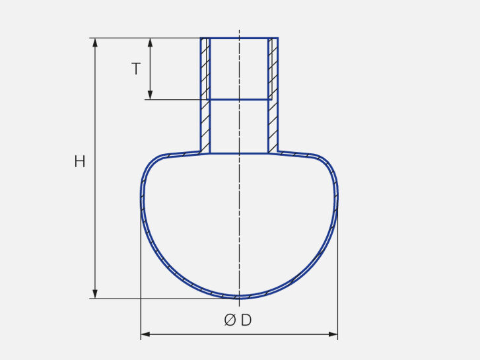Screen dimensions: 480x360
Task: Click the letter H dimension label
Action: click(80, 161)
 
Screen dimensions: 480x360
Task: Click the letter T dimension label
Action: click(136, 69)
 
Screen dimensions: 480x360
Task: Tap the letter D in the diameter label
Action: click(246, 320)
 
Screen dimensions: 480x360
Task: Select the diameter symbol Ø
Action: click(230, 320)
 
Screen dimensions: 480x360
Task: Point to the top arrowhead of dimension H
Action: click(95, 42)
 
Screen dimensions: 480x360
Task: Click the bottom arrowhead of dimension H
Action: click(95, 294)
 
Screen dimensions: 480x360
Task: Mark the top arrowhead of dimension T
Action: click(150, 42)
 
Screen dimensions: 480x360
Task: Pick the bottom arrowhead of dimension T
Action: click(150, 95)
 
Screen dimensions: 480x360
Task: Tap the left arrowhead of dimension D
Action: click(145, 334)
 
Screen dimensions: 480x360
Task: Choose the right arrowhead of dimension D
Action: click(333, 334)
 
